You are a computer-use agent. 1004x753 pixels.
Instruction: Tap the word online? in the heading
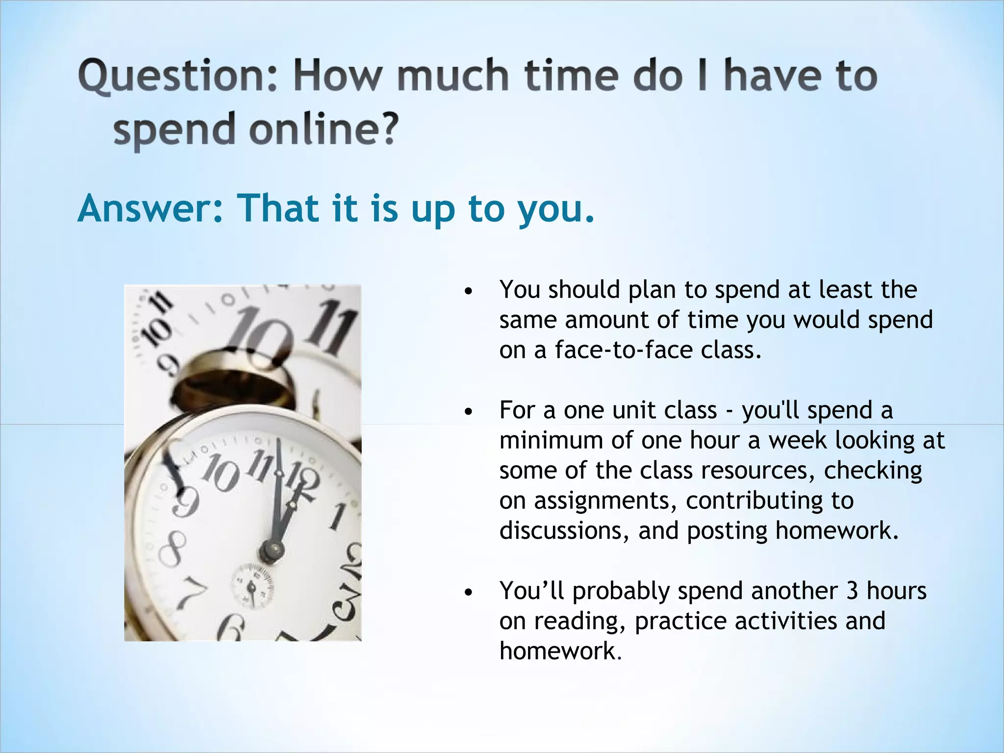[323, 129]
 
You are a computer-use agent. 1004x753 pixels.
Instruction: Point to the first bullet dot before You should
[469, 292]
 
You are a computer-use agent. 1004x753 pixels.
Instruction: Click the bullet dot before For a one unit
[469, 412]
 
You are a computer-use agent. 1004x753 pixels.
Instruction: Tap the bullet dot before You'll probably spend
[469, 593]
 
